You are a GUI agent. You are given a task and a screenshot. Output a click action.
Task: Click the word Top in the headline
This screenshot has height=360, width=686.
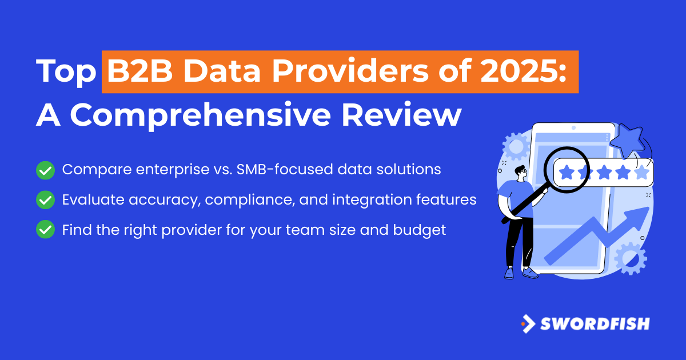pyautogui.click(x=66, y=72)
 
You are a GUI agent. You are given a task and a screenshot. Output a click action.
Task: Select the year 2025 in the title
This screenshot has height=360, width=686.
pyautogui.click(x=520, y=71)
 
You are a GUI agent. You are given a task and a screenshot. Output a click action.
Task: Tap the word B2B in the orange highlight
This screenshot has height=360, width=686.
pyautogui.click(x=139, y=71)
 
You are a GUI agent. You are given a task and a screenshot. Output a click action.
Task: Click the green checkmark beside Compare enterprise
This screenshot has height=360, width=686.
pyautogui.click(x=45, y=170)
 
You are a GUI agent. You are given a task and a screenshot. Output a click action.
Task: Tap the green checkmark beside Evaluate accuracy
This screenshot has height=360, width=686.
pyautogui.click(x=45, y=200)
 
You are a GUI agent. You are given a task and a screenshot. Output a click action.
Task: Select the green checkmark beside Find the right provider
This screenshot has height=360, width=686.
pyautogui.click(x=45, y=229)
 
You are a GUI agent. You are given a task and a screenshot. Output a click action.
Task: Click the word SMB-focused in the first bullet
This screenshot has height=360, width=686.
pyautogui.click(x=285, y=169)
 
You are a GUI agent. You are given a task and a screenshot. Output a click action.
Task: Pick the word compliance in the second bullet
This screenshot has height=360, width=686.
pyautogui.click(x=250, y=201)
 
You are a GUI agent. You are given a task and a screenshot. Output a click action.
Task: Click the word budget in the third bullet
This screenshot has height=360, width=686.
pyautogui.click(x=419, y=230)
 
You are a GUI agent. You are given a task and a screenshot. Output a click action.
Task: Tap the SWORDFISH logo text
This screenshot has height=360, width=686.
pyautogui.click(x=595, y=324)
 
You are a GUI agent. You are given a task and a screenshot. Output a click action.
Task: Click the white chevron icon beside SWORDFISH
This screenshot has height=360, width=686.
pyautogui.click(x=529, y=324)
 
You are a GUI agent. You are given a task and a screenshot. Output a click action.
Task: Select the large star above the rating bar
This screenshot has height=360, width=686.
pyautogui.click(x=627, y=141)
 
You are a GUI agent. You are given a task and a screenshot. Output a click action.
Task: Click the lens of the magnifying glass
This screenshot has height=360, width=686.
pyautogui.click(x=567, y=170)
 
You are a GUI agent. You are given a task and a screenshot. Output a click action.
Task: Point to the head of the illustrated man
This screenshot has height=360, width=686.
pyautogui.click(x=521, y=174)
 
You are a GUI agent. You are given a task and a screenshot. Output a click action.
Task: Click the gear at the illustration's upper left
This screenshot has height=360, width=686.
pyautogui.click(x=516, y=147)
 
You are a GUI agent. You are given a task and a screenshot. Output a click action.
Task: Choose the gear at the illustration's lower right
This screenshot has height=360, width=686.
pyautogui.click(x=631, y=259)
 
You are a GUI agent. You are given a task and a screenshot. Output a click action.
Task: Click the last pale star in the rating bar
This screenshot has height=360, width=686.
pyautogui.click(x=642, y=173)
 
